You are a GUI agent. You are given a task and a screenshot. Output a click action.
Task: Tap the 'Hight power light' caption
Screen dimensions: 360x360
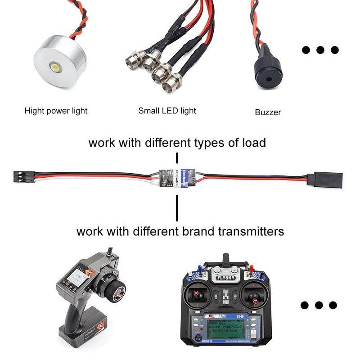(56, 110)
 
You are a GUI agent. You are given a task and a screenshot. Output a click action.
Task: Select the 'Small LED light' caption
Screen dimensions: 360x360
(167, 110)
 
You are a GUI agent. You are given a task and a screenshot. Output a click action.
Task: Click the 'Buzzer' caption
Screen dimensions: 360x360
(268, 112)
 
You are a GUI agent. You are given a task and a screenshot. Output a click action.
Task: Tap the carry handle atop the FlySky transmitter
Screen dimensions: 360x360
(226, 263)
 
